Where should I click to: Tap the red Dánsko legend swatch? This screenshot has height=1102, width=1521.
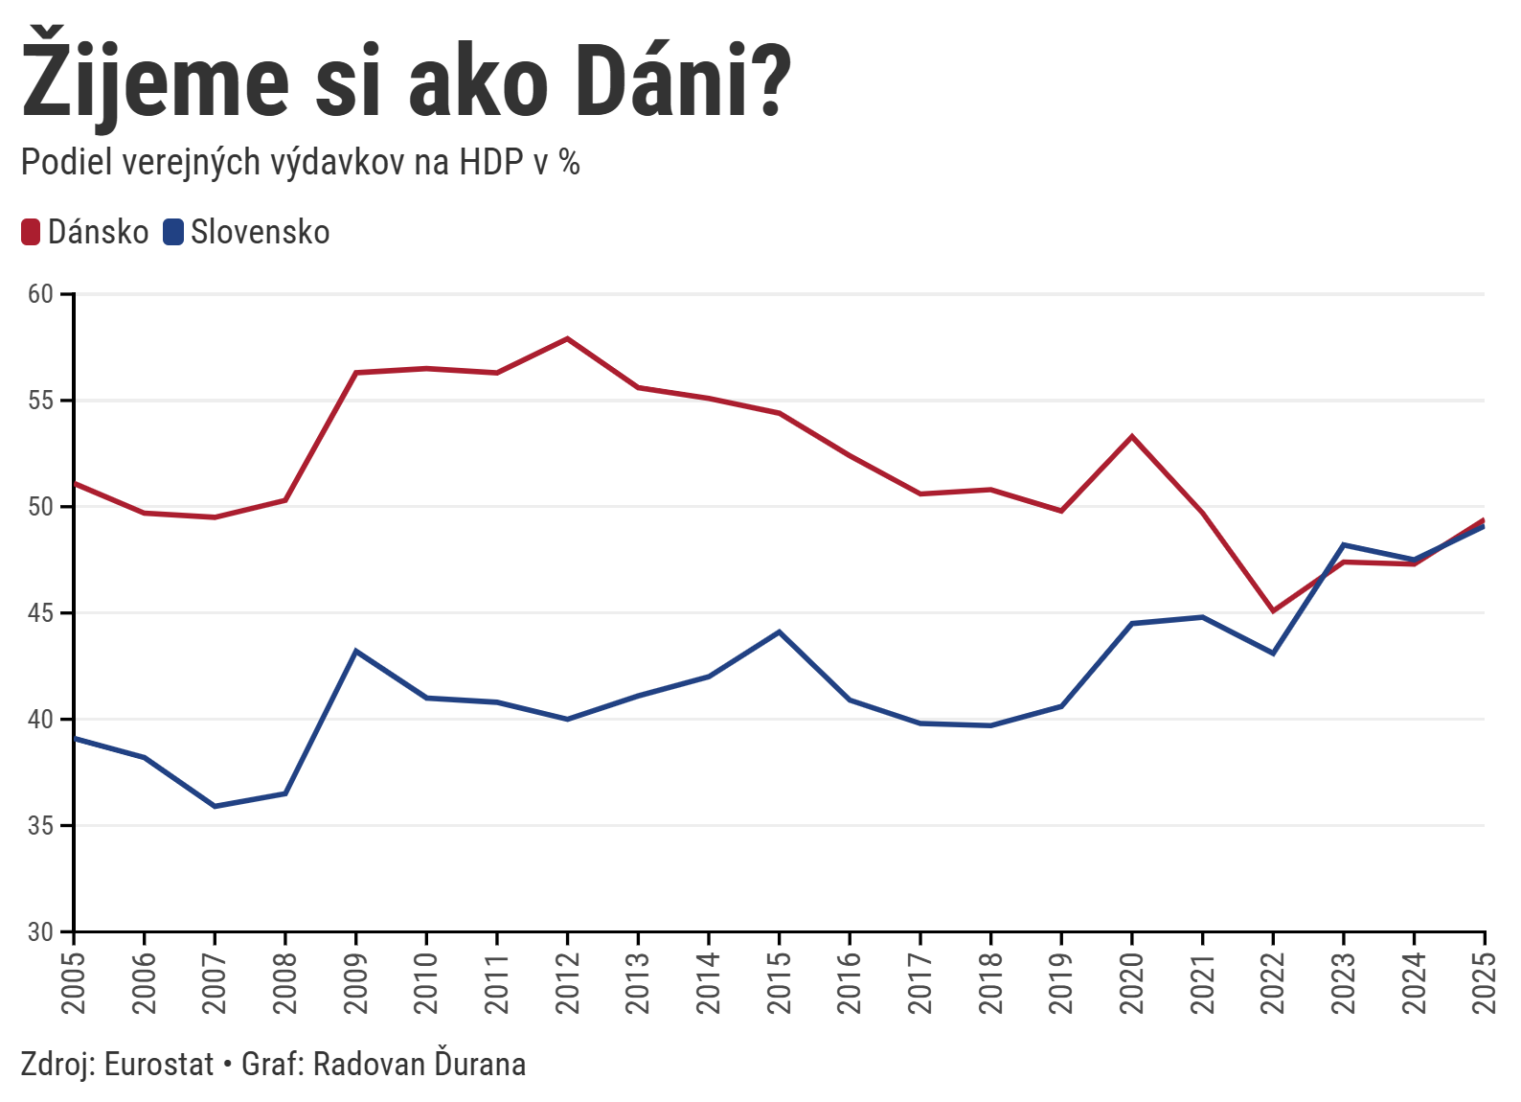click(31, 232)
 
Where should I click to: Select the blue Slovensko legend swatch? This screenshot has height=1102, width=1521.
click(173, 232)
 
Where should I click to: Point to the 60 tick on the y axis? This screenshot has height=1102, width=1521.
click(40, 294)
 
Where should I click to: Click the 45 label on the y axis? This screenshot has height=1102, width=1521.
click(40, 613)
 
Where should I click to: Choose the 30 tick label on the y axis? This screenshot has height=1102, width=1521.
click(40, 931)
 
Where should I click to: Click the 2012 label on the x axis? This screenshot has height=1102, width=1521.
click(567, 982)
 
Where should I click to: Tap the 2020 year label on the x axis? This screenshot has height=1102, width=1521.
click(1132, 982)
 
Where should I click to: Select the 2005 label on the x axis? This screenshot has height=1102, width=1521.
click(74, 982)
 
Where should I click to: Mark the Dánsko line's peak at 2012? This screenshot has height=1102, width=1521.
click(567, 338)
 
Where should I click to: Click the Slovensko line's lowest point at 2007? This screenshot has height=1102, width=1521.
click(215, 806)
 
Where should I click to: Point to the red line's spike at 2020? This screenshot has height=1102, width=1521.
click(1132, 437)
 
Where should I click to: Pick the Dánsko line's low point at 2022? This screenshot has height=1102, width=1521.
click(1273, 610)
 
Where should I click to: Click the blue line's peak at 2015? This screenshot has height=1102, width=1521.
click(780, 631)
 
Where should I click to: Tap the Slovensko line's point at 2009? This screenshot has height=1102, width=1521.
click(355, 651)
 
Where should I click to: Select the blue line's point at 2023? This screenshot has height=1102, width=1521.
click(1344, 544)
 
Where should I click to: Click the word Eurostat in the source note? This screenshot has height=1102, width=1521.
click(159, 1065)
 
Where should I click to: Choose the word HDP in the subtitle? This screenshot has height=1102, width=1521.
click(490, 163)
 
